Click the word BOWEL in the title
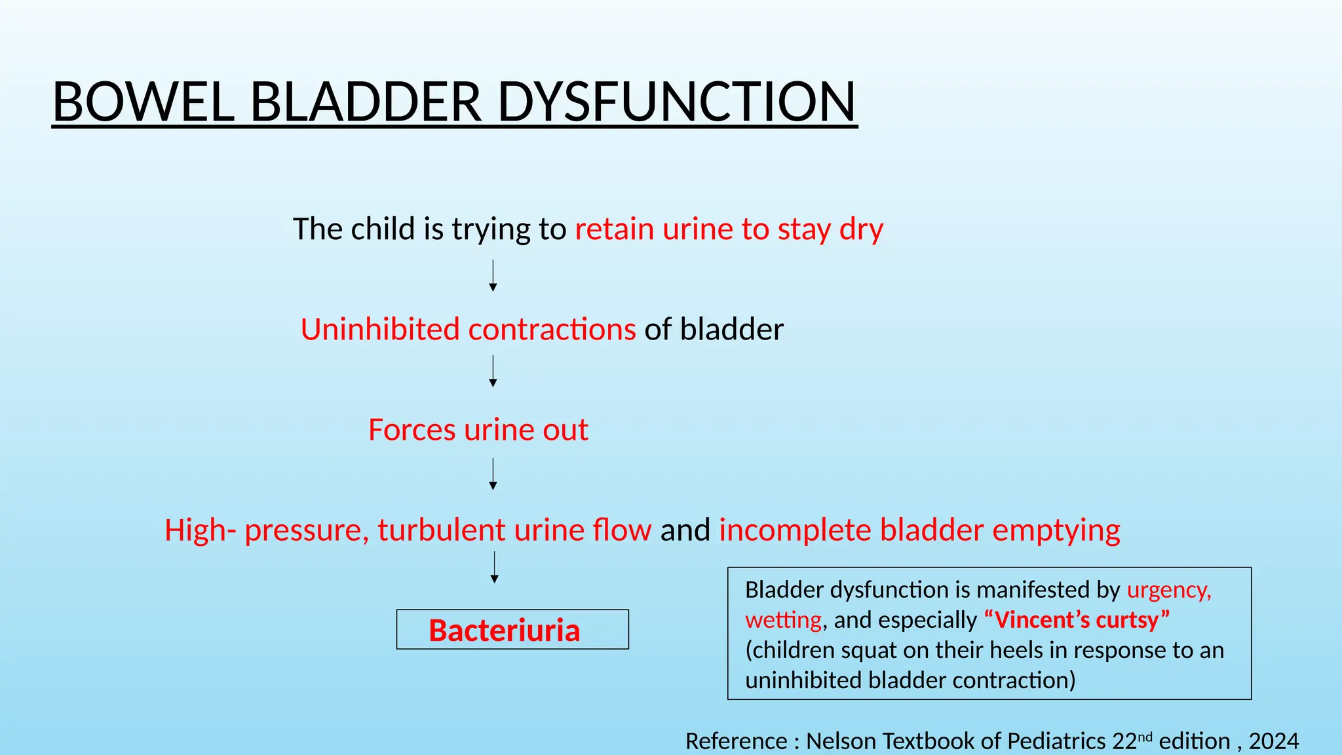click(143, 102)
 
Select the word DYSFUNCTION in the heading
click(676, 102)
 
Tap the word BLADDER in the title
click(366, 102)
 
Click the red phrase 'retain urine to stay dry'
click(729, 229)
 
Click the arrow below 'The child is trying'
click(493, 276)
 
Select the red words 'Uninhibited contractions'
click(468, 329)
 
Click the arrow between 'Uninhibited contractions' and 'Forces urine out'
click(493, 372)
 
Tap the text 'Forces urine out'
click(478, 430)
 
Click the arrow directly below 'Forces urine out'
click(493, 474)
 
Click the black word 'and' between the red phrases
click(685, 530)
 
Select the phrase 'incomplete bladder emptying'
click(919, 530)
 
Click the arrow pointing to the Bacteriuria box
click(494, 568)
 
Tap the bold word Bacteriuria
click(504, 630)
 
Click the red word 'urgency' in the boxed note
click(1168, 590)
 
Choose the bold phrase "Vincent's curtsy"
click(1077, 620)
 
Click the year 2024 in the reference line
click(1273, 741)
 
